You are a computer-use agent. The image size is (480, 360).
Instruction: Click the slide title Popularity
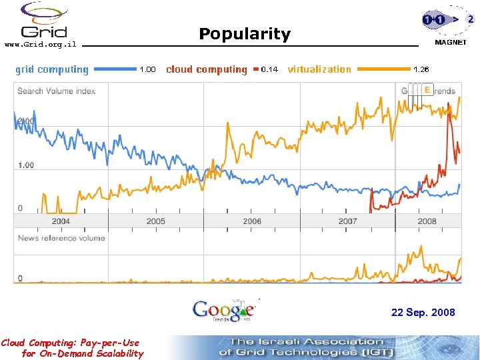point(245,34)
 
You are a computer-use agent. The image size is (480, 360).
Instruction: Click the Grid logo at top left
point(44,21)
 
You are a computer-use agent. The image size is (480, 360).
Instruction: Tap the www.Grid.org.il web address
point(41,45)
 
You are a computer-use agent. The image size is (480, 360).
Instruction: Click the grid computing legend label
point(52,69)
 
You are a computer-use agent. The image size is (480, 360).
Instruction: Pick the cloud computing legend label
point(206,69)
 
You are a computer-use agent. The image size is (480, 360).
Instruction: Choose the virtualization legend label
point(319,69)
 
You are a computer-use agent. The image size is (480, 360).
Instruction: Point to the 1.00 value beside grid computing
point(147,69)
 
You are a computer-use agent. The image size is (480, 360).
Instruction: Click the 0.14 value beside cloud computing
point(270,69)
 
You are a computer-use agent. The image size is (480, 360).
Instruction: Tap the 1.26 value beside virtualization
point(421,69)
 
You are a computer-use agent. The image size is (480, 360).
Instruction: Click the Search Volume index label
point(56,91)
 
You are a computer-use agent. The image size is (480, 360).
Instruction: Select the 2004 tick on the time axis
point(61,221)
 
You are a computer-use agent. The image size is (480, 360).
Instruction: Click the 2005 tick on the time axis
point(156,221)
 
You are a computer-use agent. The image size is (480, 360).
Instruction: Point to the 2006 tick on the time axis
point(252,221)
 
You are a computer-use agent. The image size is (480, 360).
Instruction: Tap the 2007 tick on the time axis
point(347,221)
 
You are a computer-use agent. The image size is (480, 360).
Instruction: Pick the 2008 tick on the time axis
point(427,221)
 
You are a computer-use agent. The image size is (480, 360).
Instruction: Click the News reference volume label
point(61,238)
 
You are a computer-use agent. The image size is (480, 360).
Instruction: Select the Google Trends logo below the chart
point(224,310)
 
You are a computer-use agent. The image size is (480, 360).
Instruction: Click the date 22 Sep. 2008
point(423,312)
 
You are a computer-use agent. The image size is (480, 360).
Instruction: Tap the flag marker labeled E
point(427,89)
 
